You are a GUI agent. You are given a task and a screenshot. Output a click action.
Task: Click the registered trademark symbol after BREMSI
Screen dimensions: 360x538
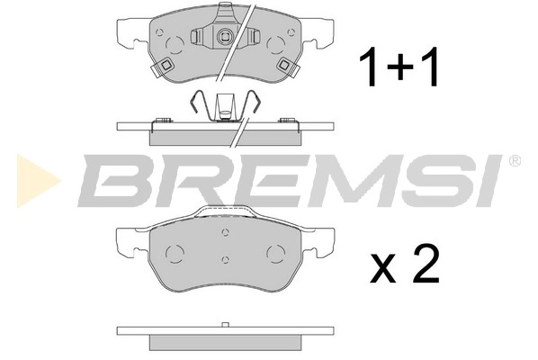tap(514, 161)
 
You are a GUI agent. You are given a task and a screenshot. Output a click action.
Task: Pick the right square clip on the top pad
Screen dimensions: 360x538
tap(287, 65)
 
